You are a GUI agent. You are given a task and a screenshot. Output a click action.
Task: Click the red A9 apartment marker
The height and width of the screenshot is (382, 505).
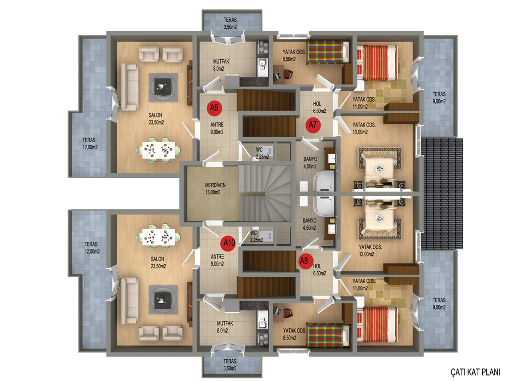click(214, 108)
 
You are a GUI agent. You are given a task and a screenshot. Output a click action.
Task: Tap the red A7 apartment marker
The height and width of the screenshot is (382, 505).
click(313, 125)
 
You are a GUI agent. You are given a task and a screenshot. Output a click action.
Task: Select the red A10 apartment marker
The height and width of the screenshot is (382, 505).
click(229, 243)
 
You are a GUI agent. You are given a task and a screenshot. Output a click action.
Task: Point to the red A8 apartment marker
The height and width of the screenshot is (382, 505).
click(304, 261)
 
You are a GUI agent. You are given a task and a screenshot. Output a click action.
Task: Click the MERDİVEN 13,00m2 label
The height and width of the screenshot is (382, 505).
click(215, 189)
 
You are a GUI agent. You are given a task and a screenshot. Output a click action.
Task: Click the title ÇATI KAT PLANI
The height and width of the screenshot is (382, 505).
click(475, 372)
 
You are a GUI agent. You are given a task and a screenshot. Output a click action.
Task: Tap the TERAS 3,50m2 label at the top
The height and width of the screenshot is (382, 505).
click(230, 23)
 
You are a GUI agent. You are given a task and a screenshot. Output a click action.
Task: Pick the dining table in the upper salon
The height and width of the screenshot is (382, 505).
click(158, 150)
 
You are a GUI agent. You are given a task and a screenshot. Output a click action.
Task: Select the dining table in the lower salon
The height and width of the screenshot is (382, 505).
click(159, 237)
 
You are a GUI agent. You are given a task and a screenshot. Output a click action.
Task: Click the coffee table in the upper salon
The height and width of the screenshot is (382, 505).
click(163, 87)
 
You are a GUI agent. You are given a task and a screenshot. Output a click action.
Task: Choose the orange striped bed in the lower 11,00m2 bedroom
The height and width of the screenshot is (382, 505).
click(377, 324)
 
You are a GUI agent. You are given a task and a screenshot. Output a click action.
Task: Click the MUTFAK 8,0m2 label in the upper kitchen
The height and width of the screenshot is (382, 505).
click(221, 65)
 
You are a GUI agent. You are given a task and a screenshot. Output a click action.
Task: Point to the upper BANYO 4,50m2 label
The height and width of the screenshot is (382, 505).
click(310, 162)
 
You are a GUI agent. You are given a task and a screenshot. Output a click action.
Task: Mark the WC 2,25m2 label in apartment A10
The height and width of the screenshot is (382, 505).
click(257, 236)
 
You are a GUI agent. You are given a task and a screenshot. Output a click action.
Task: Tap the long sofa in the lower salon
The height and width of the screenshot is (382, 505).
click(129, 301)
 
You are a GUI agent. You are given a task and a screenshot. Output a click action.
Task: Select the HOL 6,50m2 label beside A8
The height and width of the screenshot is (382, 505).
click(320, 270)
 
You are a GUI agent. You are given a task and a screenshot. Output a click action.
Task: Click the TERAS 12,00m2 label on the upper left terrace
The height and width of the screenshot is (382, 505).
click(90, 144)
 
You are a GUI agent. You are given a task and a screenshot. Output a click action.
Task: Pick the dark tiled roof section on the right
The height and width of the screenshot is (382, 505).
click(442, 194)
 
